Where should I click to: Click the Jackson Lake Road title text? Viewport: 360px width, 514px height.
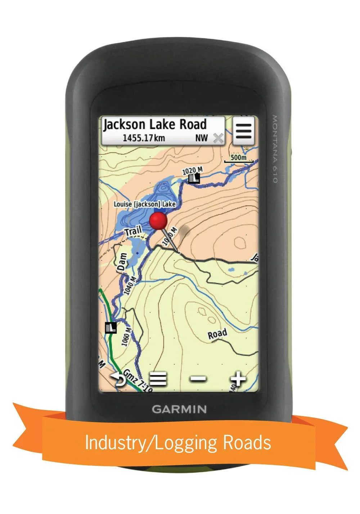[155, 125]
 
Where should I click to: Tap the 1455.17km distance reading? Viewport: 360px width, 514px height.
[144, 138]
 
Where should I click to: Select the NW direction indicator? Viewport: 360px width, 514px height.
[202, 138]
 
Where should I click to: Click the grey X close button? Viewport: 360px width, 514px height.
[218, 138]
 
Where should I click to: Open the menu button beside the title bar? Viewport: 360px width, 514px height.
[244, 131]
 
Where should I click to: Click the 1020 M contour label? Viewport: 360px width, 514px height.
[192, 170]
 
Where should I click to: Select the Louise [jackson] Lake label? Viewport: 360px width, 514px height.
[145, 204]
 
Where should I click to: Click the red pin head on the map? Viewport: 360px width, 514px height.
[159, 220]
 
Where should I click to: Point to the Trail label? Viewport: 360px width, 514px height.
[133, 231]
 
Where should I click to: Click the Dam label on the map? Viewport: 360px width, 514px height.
[122, 262]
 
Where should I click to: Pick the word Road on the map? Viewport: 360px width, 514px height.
[217, 335]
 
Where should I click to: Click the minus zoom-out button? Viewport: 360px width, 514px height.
[198, 379]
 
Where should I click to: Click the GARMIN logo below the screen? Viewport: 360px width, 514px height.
[179, 409]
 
